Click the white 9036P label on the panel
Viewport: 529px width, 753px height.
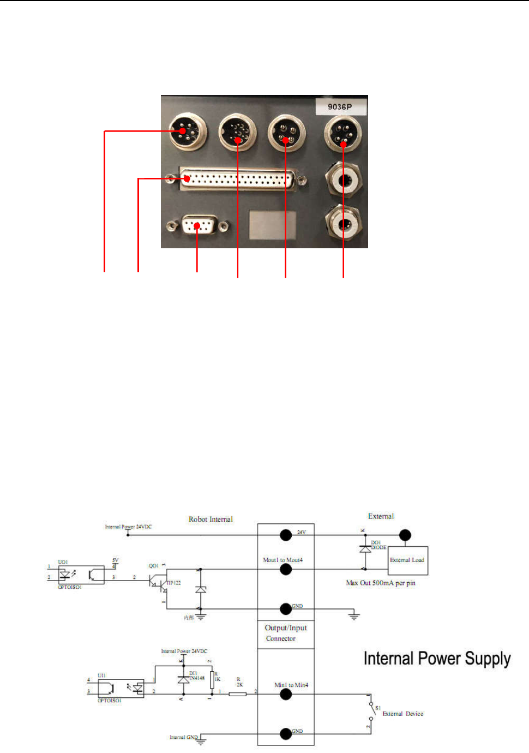[340, 107]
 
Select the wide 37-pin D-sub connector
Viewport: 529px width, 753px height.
[237, 179]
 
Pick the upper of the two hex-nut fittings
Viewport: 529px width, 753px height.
[343, 180]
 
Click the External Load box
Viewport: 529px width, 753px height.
[407, 560]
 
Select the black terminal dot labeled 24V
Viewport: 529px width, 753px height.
[286, 535]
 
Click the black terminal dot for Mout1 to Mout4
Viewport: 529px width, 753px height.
[286, 570]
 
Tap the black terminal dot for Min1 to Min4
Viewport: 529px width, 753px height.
[286, 694]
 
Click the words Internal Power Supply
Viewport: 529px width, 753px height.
[437, 659]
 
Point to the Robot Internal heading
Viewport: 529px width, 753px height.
[211, 519]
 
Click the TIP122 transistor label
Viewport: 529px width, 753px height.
[173, 583]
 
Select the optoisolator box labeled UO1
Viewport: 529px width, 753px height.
[81, 575]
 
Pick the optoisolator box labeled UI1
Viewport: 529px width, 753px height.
[121, 689]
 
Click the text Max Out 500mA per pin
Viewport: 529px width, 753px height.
[381, 583]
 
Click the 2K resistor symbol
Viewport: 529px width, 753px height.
[238, 694]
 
